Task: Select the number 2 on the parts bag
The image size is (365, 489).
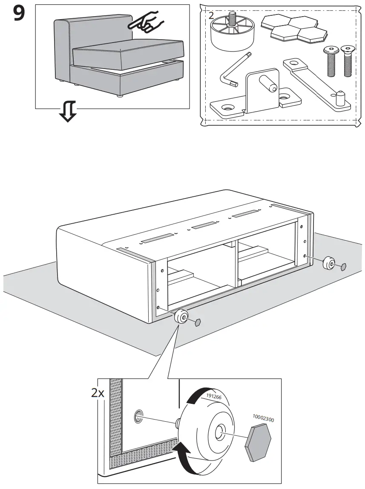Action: (212, 16)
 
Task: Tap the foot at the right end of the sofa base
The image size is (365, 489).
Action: (328, 264)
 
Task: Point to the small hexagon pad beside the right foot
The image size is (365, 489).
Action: (344, 267)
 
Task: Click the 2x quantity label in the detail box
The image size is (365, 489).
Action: (98, 392)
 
